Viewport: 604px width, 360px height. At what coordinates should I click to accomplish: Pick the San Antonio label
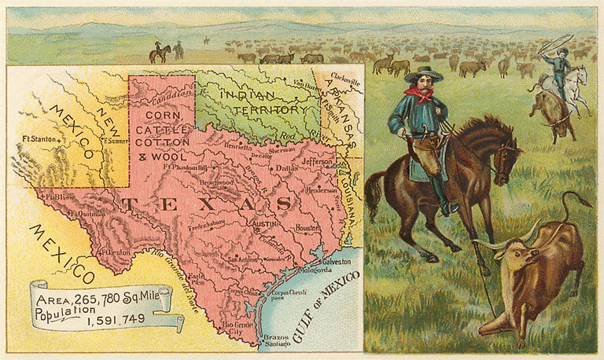tap(242, 260)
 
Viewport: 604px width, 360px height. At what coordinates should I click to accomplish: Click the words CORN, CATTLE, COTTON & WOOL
tap(162, 135)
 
